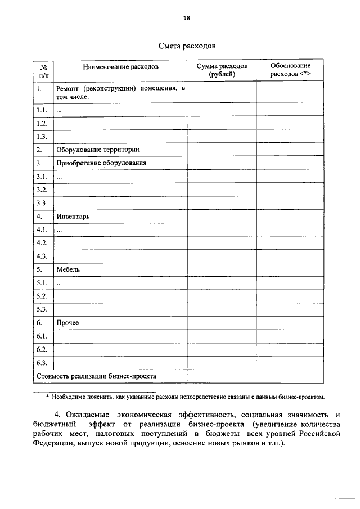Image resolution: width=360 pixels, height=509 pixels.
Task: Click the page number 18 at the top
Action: [x=186, y=18]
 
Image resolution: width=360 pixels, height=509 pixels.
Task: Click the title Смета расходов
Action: [x=186, y=44]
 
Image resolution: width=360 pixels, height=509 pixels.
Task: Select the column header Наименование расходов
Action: [x=121, y=67]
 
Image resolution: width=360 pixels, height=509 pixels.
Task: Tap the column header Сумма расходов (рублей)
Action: [x=222, y=70]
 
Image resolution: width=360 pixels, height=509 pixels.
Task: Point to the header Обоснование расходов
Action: [x=290, y=70]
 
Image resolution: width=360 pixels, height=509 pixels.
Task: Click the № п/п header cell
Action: [x=43, y=70]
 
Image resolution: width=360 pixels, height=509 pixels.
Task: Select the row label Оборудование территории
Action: [x=97, y=150]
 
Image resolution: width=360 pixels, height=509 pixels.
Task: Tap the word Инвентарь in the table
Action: [x=73, y=217]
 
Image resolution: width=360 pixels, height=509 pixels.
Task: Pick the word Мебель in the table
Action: [x=68, y=269]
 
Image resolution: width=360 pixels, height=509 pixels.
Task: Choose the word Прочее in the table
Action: [x=67, y=323]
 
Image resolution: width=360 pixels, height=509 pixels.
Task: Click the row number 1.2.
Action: [x=41, y=123]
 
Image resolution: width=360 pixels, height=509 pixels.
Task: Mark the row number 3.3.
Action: [x=41, y=203]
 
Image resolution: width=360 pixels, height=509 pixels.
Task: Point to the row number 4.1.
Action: [x=41, y=229]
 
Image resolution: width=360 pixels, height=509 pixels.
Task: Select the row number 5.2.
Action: [x=41, y=296]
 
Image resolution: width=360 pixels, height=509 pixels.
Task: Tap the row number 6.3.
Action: [x=41, y=363]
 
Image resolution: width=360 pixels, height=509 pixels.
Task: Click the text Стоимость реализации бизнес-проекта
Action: [x=96, y=376]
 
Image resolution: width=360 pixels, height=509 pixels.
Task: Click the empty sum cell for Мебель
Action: [x=222, y=269]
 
